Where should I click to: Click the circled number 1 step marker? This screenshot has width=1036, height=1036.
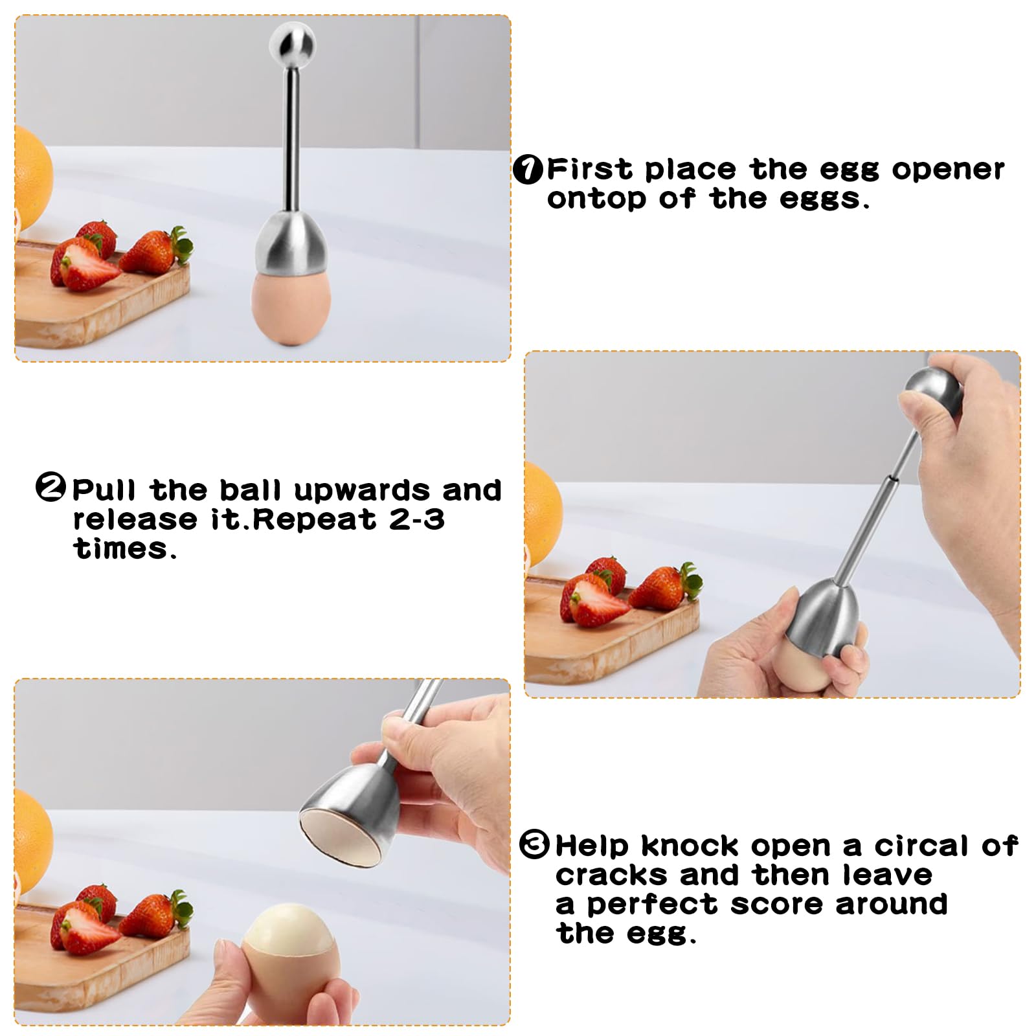tap(528, 170)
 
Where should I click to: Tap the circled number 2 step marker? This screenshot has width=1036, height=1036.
tap(51, 488)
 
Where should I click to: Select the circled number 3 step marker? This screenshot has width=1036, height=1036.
tap(534, 845)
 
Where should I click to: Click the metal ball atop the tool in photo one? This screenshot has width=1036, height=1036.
tap(292, 44)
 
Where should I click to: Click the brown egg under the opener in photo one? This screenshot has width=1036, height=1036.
tap(291, 306)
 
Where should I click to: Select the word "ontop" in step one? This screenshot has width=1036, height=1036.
tap(596, 199)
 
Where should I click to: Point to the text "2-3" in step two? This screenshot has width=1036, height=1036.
tap(417, 519)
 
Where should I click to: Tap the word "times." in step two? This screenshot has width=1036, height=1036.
tap(124, 549)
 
